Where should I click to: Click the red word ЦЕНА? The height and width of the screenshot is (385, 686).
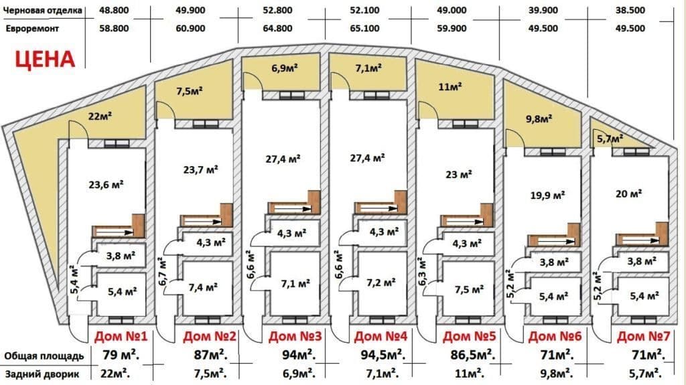pyautogui.click(x=45, y=60)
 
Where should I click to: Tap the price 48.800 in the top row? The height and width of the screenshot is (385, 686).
pyautogui.click(x=114, y=10)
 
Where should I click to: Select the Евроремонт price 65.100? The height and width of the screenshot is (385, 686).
pyautogui.click(x=364, y=28)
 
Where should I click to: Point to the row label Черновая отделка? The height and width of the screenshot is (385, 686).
pyautogui.click(x=42, y=11)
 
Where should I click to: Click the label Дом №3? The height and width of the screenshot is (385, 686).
pyautogui.click(x=295, y=336)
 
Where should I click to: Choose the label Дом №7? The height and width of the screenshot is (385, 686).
pyautogui.click(x=644, y=336)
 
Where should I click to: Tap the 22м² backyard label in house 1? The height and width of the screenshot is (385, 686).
pyautogui.click(x=100, y=116)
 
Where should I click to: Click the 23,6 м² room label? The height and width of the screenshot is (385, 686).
pyautogui.click(x=106, y=184)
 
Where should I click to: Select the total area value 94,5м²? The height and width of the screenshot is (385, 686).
pyautogui.click(x=383, y=354)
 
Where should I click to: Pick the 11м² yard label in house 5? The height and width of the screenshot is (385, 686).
pyautogui.click(x=450, y=86)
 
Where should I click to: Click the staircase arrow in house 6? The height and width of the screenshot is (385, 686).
pyautogui.click(x=556, y=241)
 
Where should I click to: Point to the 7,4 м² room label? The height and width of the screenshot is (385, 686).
pyautogui.click(x=204, y=287)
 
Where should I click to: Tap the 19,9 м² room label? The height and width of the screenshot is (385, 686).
pyautogui.click(x=547, y=195)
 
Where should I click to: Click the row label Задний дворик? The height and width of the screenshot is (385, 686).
pyautogui.click(x=42, y=374)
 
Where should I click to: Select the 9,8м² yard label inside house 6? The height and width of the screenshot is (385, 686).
pyautogui.click(x=539, y=118)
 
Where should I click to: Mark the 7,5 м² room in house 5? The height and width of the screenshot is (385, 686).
pyautogui.click(x=469, y=290)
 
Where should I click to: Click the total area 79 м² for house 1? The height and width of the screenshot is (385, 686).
pyautogui.click(x=121, y=354)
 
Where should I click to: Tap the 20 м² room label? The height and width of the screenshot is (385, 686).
pyautogui.click(x=628, y=194)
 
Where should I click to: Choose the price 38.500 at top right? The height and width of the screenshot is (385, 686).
pyautogui.click(x=630, y=10)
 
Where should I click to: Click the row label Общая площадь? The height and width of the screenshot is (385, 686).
pyautogui.click(x=44, y=356)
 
